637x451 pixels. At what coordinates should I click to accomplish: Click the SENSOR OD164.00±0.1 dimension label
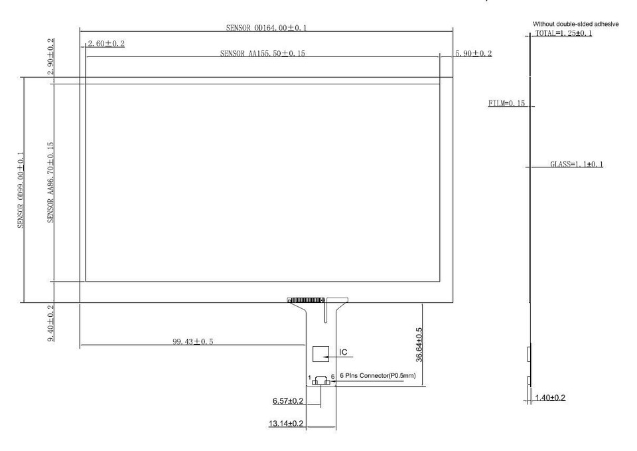pos(267,28)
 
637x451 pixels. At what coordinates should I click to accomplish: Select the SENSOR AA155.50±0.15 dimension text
pos(263,53)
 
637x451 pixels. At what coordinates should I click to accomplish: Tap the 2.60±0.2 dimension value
pos(106,44)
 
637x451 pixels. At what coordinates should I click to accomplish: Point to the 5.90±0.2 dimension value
pos(473,53)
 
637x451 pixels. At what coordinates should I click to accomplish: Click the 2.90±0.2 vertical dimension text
pos(51,56)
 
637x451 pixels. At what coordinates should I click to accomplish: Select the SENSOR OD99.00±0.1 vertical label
pos(21,190)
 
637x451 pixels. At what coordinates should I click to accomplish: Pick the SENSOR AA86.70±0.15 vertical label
pos(51,182)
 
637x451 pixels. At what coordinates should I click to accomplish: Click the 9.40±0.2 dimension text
pos(51,323)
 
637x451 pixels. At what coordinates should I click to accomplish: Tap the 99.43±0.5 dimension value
pos(193,341)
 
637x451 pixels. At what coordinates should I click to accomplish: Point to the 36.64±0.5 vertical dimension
pos(419,345)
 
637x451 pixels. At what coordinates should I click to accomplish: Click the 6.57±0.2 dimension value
pos(288,401)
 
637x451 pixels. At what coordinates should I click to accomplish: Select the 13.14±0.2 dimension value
pos(286,423)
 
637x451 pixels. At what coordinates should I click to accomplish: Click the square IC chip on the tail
pos(320,354)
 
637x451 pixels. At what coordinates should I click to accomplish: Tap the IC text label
pos(343,352)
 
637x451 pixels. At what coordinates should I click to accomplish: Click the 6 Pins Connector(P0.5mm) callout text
pos(378,375)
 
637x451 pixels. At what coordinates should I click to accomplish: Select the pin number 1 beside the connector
pos(310,377)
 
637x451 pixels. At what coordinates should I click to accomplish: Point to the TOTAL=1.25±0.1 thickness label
pos(563,33)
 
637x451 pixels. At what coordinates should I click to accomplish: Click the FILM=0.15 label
pos(506,104)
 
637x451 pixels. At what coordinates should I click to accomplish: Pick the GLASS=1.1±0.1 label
pos(577,164)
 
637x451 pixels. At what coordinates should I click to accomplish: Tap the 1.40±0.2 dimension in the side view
pos(551,397)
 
